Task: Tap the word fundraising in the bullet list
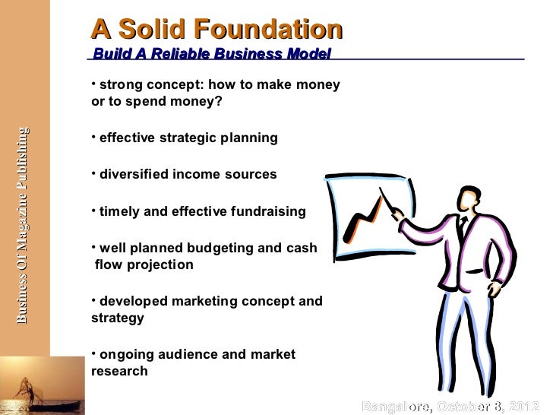(x=267, y=212)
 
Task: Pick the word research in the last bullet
(x=119, y=372)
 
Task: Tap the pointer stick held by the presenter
(x=396, y=204)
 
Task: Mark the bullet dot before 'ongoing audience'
(x=93, y=352)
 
